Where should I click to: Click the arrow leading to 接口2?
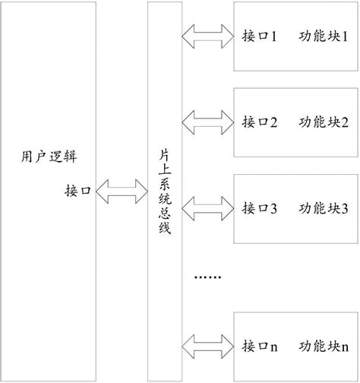(207, 121)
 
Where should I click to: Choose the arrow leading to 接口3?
(207, 207)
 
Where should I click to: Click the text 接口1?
(260, 36)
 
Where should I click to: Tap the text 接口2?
(260, 122)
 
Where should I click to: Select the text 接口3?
(260, 207)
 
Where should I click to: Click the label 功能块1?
(324, 36)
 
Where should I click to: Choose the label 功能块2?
(324, 122)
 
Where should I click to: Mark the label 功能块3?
(324, 207)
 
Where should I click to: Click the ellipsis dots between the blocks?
(207, 278)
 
